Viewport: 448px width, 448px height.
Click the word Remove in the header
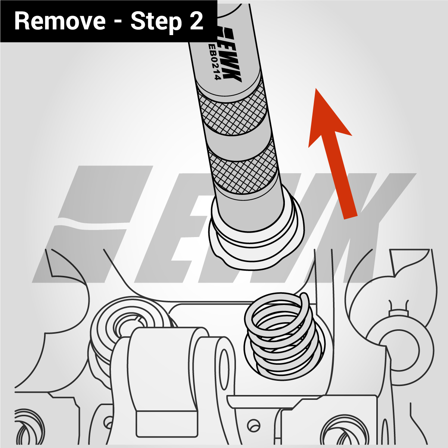point(60,21)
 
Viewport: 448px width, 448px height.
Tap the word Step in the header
point(156,22)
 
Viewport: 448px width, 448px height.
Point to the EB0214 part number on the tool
point(213,61)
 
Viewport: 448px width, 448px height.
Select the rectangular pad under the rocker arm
point(167,424)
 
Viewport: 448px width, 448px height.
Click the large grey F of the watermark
point(93,223)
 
